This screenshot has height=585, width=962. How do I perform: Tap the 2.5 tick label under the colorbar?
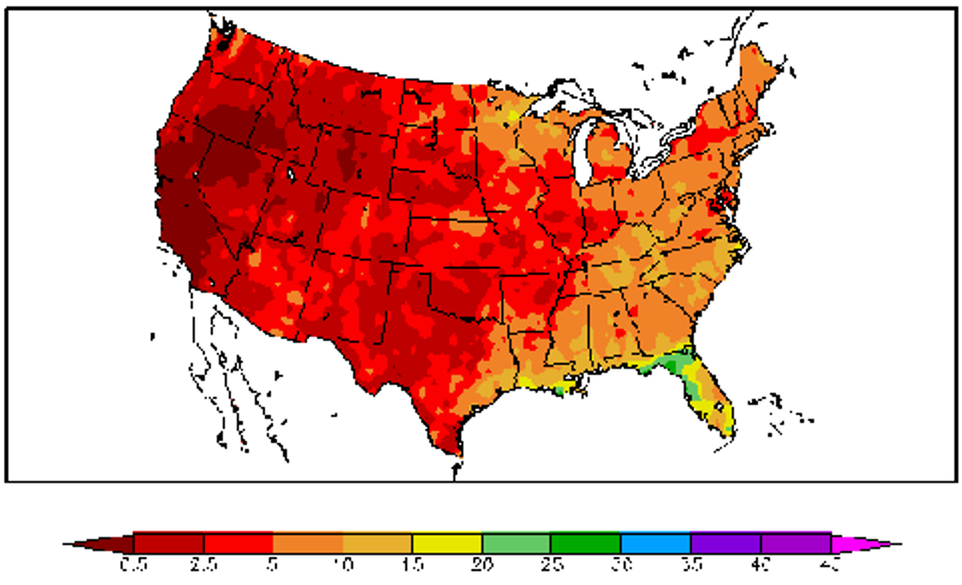pos(204,564)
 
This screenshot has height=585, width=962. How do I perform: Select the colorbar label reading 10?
pos(343,564)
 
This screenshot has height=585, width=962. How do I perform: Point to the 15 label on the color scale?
pos(412,564)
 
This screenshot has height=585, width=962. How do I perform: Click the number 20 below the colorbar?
pos(482,564)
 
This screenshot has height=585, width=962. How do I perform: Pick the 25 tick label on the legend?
pos(551,564)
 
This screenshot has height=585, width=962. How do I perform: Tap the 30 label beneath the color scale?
pos(621,564)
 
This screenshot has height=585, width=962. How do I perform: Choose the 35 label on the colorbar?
pos(690,564)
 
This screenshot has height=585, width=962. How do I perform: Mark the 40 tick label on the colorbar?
pos(760,564)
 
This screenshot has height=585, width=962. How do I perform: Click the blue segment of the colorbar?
pos(655,542)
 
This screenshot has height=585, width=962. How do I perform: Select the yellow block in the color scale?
pos(446,542)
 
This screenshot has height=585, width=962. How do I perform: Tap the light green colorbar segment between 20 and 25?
pos(516,542)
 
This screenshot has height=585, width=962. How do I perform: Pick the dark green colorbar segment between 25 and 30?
pos(585,542)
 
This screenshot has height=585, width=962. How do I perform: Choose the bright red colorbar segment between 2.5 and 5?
pos(238,542)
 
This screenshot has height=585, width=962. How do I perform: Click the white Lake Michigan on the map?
pos(582,154)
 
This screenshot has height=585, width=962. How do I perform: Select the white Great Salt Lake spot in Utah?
pos(290,173)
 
